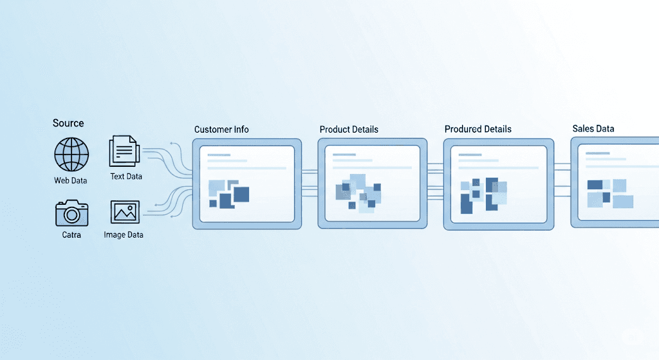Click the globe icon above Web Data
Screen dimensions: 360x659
[71, 155]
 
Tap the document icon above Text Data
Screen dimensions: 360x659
[125, 151]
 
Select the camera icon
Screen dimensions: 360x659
[71, 213]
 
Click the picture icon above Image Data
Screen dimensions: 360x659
[125, 212]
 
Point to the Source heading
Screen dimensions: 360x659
[68, 123]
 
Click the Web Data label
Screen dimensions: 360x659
[71, 181]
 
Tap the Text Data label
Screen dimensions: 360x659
[126, 176]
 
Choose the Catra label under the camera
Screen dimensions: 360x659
[71, 235]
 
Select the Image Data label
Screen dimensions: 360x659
[124, 235]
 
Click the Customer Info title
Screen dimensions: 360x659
[221, 129]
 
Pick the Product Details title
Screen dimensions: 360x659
[349, 129]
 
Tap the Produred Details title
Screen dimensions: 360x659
[478, 129]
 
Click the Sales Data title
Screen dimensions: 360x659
[593, 129]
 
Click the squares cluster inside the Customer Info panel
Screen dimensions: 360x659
[228, 194]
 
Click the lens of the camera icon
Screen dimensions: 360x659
[71, 214]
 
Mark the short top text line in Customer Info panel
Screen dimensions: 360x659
[219, 155]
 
